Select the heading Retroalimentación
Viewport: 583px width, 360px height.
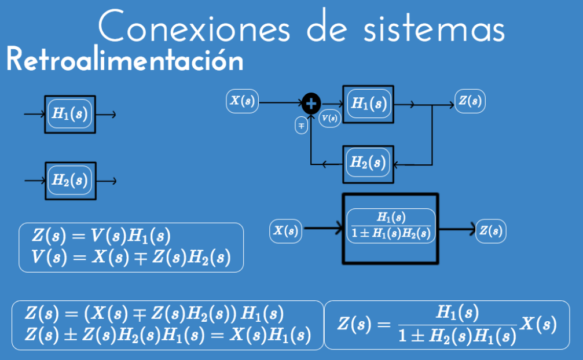coord(124,60)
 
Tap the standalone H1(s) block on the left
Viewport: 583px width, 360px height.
coord(70,114)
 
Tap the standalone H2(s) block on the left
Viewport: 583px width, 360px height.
coord(70,181)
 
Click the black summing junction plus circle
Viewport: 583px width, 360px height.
coord(311,104)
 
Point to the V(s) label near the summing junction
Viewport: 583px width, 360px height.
coord(330,117)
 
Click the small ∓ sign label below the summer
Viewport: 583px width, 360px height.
coord(301,125)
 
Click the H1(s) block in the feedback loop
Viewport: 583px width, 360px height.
coord(368,104)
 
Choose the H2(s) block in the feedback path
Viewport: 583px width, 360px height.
coord(368,163)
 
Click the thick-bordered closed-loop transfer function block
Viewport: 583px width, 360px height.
coord(390,228)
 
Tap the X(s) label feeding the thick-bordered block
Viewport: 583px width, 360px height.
coord(285,231)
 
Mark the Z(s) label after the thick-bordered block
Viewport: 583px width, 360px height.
coord(490,231)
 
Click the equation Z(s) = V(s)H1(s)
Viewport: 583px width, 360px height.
coord(101,236)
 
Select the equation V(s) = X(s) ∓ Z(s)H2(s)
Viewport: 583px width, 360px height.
coord(131,258)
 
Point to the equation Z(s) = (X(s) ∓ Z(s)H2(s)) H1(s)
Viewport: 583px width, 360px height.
coord(154,314)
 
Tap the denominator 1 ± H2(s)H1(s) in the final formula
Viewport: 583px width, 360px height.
coord(457,335)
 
